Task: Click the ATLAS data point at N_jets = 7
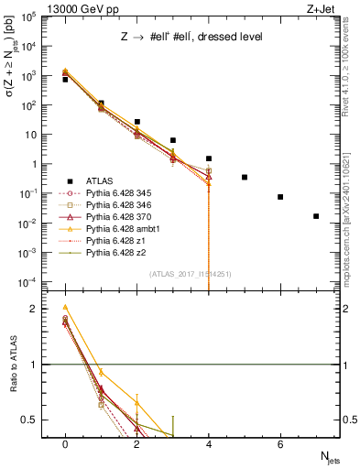coord(316,216)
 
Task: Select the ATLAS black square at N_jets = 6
coord(280,197)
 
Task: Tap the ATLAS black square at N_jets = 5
coord(245,177)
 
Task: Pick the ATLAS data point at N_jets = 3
coord(173,140)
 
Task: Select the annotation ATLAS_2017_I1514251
coord(190,274)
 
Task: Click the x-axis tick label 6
coord(280,442)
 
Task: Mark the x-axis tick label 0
coord(65,442)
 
